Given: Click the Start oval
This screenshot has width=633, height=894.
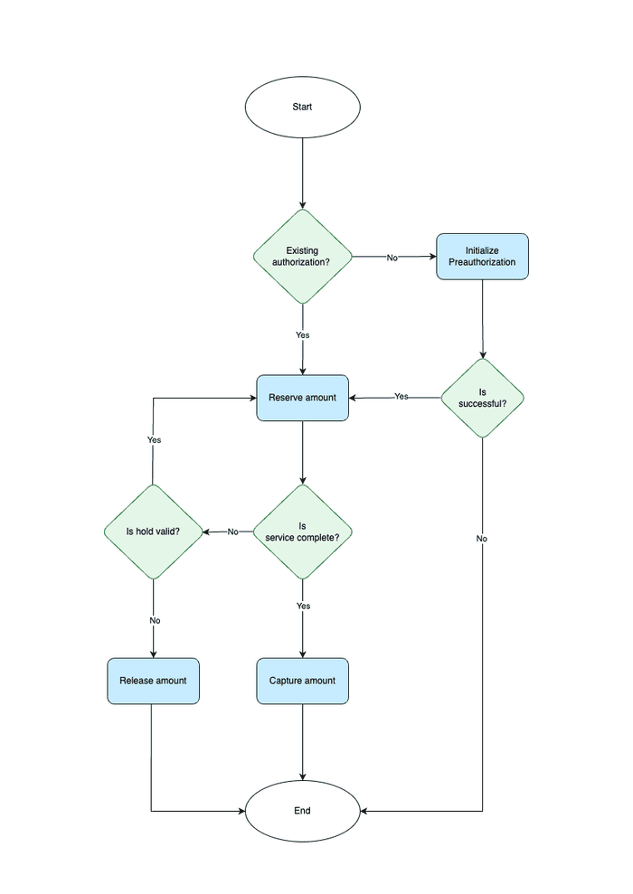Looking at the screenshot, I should [302, 107].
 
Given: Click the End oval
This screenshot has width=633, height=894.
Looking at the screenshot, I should [302, 811].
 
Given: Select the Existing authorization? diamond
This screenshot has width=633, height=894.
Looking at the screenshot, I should [302, 257].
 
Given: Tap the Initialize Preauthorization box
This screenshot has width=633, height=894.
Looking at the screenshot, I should [482, 257].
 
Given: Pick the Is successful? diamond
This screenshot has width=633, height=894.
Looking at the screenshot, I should [482, 398].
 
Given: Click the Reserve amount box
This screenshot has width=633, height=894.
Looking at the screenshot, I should [302, 398].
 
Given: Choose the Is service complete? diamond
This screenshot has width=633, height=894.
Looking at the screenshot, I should [302, 532].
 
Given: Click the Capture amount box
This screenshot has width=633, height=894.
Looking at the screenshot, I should [302, 681].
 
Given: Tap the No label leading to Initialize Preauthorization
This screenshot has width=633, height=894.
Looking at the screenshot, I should [392, 258].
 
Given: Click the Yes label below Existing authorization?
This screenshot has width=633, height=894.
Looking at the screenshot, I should [302, 334].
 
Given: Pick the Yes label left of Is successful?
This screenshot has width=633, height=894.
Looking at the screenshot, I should [402, 397].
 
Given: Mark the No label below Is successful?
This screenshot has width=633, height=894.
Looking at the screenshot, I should [482, 539].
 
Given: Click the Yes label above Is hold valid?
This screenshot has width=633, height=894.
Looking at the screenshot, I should [154, 440].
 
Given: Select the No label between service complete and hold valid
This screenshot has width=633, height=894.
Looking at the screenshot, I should [232, 532].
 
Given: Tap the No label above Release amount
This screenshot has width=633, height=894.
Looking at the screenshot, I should [154, 621].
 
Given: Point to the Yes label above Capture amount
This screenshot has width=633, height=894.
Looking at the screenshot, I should [303, 606].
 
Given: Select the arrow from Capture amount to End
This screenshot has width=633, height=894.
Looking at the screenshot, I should [302, 741].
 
